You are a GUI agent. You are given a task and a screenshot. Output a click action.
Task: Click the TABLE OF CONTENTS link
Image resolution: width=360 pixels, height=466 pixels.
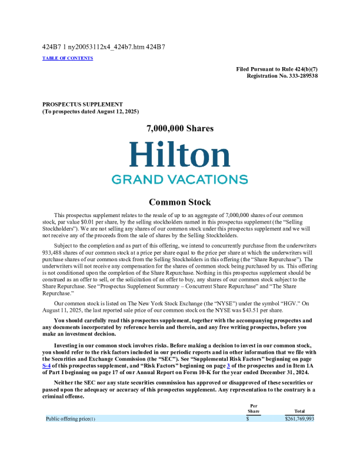tap(68, 58)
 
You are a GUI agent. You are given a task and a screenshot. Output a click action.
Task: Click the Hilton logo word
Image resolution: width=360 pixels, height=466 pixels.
tap(179, 154)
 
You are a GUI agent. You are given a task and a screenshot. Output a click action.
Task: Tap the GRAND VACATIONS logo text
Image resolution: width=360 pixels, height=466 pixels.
tap(179, 179)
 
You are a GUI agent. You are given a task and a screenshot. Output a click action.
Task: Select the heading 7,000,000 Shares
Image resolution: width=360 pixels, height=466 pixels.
tap(179, 128)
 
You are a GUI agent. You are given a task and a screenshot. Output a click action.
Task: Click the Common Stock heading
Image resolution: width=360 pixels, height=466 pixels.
tap(179, 202)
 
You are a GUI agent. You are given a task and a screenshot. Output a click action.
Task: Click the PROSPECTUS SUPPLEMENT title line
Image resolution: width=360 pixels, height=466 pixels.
tap(82, 104)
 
